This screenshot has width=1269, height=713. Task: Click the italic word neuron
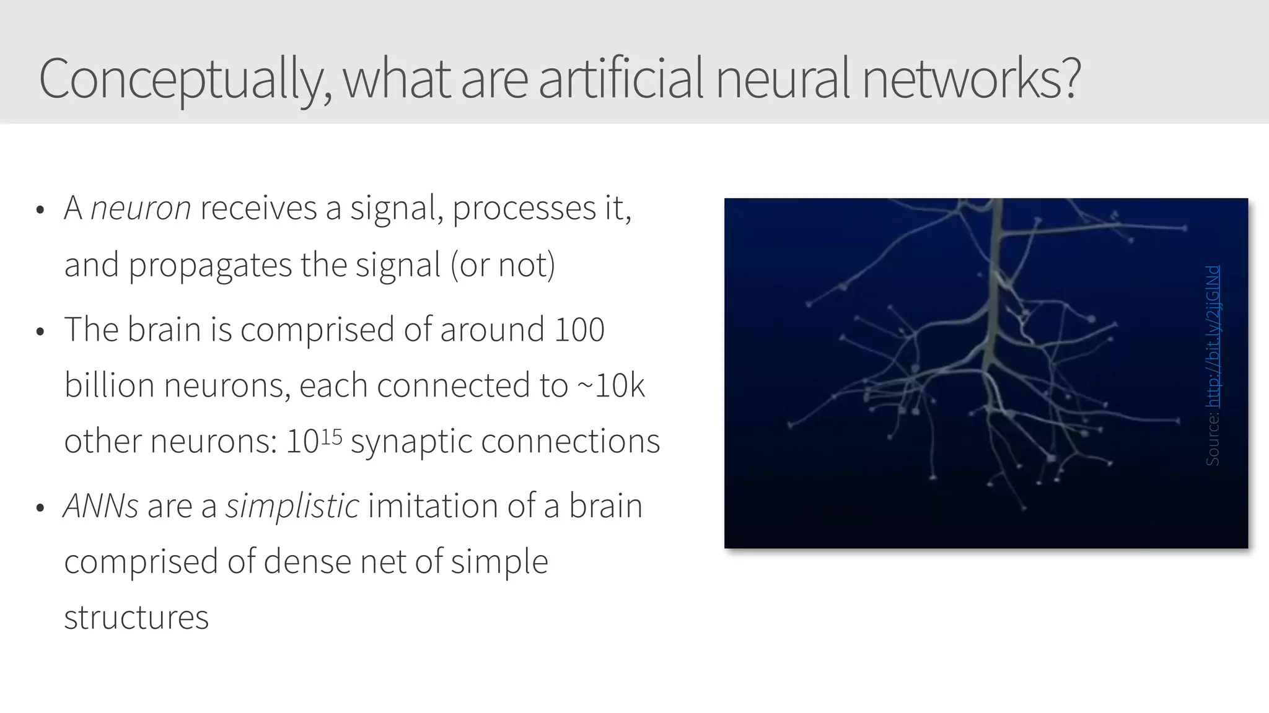tap(141, 208)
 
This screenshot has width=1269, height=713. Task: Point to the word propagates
tap(209, 265)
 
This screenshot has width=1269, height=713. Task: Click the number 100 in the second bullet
tap(579, 329)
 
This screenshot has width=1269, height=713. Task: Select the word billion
tap(110, 385)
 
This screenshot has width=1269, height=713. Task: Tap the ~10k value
tap(611, 385)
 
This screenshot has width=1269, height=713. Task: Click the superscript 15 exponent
tap(332, 436)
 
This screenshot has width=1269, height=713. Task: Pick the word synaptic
tap(411, 442)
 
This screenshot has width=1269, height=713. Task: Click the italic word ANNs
tap(101, 505)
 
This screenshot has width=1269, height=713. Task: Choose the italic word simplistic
tap(292, 505)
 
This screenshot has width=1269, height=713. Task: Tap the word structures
tap(136, 618)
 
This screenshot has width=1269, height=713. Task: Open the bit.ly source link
tap(1213, 336)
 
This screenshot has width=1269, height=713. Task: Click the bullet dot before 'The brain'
tap(40, 331)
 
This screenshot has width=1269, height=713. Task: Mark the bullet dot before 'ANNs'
tap(40, 508)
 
